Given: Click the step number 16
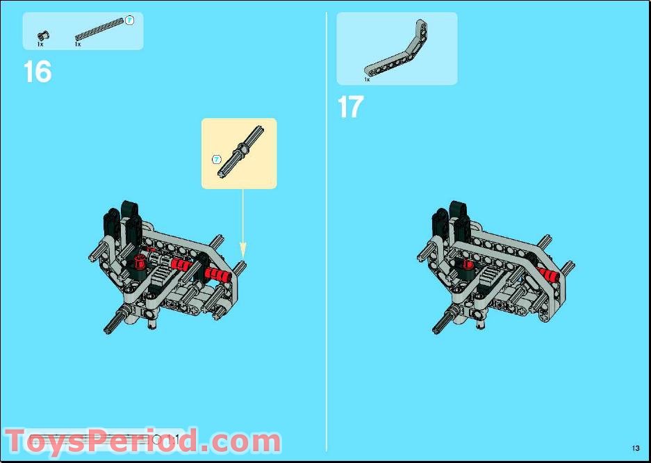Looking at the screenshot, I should [38, 72].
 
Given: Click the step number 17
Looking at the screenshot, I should [350, 107].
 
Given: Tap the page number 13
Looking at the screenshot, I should [635, 447].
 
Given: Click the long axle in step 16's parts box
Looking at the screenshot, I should [101, 29].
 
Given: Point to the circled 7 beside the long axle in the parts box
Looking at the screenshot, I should [129, 21].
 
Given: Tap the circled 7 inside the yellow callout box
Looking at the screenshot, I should [216, 159].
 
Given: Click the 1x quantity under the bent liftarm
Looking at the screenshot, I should [367, 80].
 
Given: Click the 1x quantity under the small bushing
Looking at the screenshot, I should [40, 44].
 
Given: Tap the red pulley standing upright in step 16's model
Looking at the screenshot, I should [139, 261].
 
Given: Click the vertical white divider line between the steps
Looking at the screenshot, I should [326, 229].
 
